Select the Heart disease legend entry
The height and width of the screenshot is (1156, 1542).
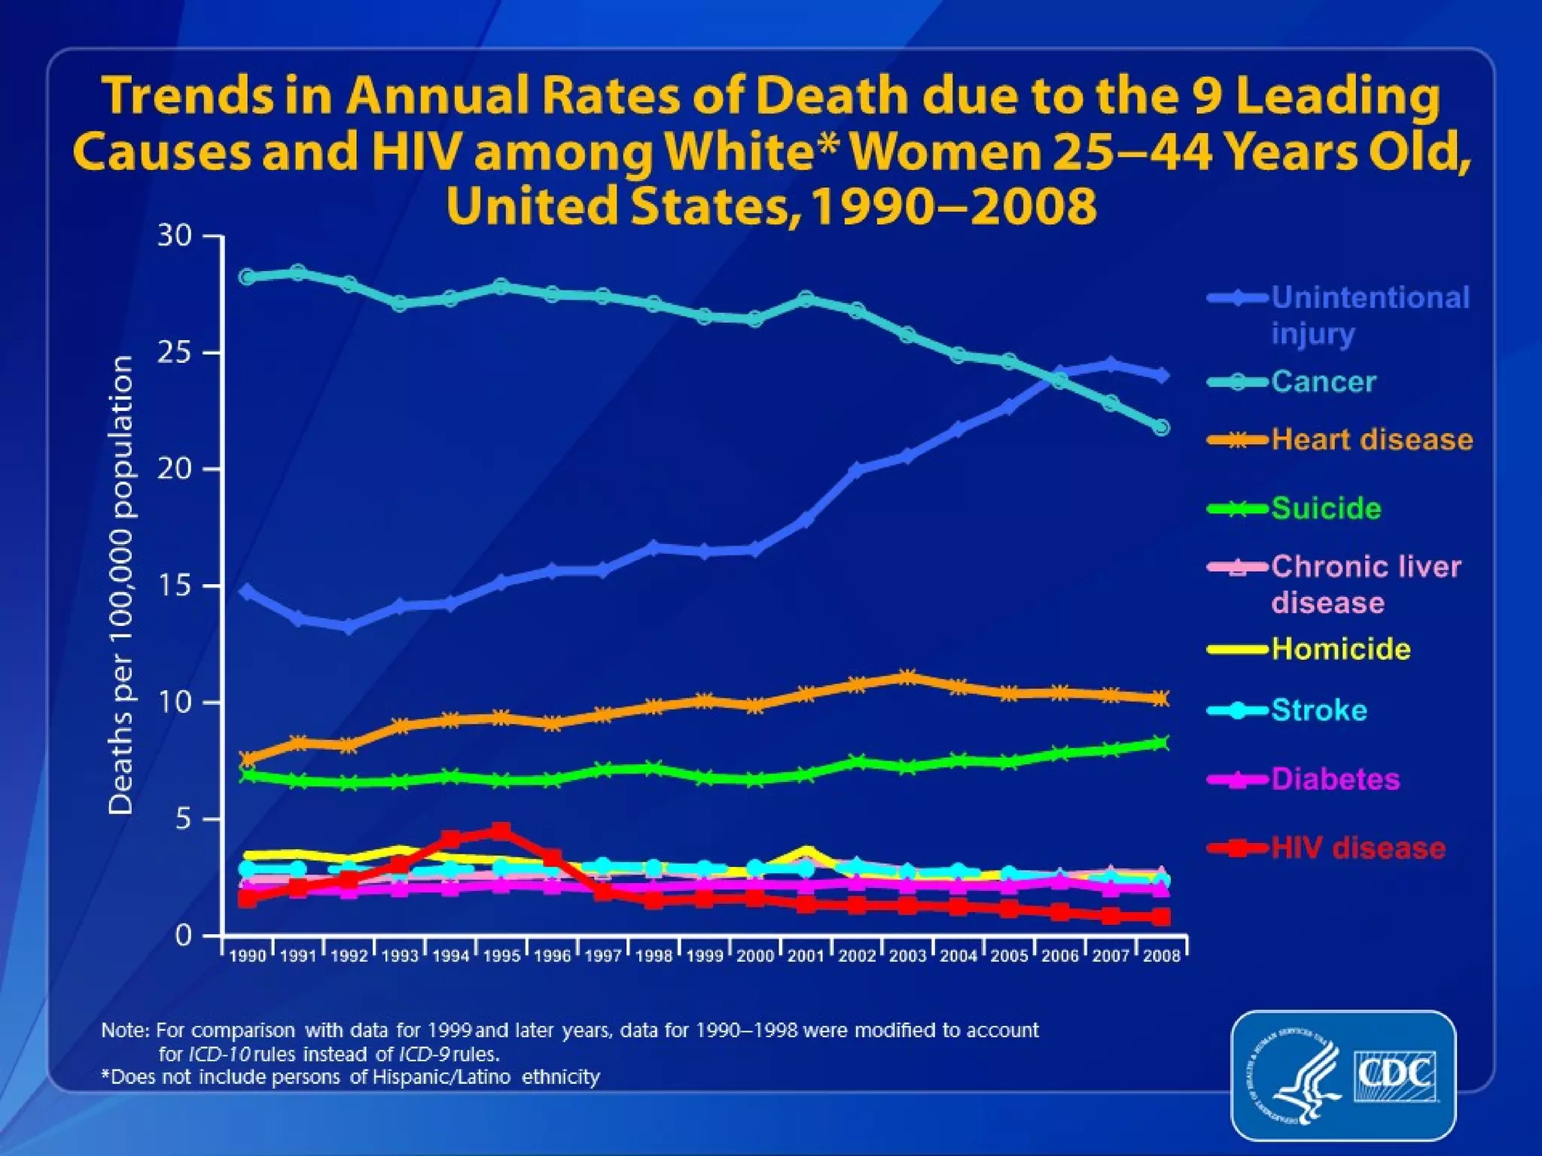pos(1371,440)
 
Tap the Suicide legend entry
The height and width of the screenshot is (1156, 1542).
pos(1326,509)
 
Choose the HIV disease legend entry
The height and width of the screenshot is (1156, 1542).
pos(1358,848)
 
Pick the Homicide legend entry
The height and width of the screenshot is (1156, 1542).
pos(1340,649)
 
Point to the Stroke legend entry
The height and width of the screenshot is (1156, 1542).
pos(1318,710)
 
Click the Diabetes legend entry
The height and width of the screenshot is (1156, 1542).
pos(1335,779)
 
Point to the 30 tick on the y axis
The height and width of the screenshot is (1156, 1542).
pos(175,236)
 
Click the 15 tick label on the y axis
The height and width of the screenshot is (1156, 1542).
pos(175,586)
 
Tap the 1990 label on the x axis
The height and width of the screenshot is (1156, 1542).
pos(248,956)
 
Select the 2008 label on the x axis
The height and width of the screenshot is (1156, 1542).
pos(1162,956)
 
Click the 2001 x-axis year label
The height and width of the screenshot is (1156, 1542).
pos(806,956)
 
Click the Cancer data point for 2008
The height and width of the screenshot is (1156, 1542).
pos(1162,427)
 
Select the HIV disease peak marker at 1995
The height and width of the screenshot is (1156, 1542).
pos(501,831)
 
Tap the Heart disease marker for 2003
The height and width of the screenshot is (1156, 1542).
pos(907,677)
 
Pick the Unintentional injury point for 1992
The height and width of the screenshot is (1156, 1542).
pos(349,626)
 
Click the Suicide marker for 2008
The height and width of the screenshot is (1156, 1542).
pos(1162,743)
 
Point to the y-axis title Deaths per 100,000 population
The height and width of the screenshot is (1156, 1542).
pos(121,585)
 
